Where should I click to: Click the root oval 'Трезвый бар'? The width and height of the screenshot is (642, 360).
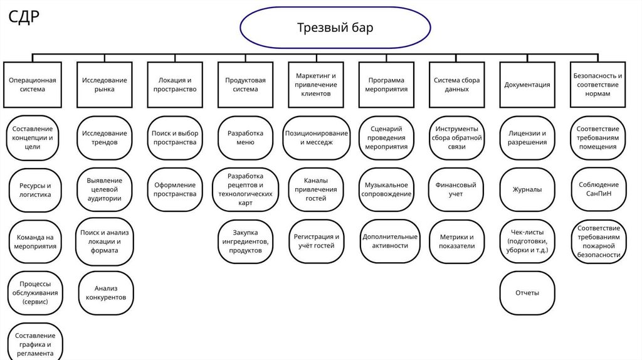(335, 28)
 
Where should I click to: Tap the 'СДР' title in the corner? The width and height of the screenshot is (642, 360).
(24, 18)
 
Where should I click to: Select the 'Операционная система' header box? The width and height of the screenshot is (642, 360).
(33, 85)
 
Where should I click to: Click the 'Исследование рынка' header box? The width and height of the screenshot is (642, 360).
(104, 85)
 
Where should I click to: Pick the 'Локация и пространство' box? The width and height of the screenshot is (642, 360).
(175, 85)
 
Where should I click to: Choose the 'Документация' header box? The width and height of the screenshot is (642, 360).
(527, 85)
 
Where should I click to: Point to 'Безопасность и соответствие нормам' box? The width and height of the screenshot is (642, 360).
(598, 85)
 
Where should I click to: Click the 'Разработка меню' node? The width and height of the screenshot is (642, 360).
(246, 137)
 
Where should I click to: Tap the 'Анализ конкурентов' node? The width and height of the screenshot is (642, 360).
(106, 292)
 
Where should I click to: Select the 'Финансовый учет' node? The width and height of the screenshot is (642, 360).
(456, 189)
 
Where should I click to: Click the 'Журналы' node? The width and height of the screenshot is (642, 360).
(527, 189)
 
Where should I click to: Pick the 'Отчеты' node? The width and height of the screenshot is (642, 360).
(527, 293)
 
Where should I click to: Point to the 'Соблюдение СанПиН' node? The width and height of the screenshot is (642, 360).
(598, 189)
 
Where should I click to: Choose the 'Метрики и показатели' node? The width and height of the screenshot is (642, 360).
(456, 241)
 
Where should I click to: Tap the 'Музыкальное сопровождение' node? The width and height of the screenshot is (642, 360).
(386, 189)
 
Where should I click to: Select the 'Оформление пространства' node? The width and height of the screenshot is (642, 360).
(174, 189)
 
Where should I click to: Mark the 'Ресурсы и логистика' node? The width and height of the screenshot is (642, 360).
(35, 190)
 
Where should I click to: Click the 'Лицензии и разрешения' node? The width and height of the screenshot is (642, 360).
(527, 137)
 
